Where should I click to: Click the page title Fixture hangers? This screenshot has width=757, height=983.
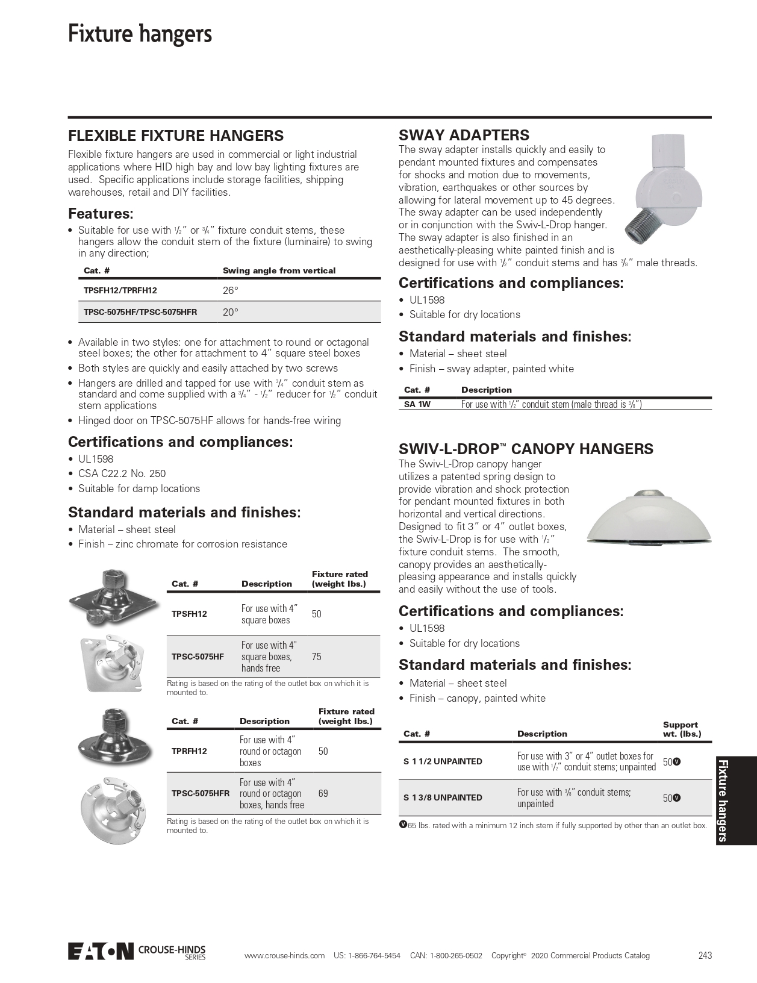coord(140,34)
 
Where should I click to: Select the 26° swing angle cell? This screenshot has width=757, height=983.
coord(231,290)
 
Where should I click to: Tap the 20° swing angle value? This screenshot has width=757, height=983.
coord(231,312)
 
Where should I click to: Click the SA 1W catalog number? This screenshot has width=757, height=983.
coord(417,405)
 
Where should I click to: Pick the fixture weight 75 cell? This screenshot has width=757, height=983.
coord(317,657)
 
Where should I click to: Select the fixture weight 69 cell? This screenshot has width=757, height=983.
coord(323,793)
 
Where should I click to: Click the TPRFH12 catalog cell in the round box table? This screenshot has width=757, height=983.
coord(189,751)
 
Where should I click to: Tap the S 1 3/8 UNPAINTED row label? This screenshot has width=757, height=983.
coord(443,797)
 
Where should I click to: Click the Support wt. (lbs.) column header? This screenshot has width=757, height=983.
coord(682,729)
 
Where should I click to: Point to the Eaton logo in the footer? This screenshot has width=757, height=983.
coord(100,951)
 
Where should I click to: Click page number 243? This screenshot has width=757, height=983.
coord(705,955)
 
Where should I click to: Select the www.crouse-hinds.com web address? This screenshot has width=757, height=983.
coord(284,955)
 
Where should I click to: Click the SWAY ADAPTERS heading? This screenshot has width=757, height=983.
coord(464,135)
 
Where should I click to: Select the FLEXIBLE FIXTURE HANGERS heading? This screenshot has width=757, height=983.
coord(176,136)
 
